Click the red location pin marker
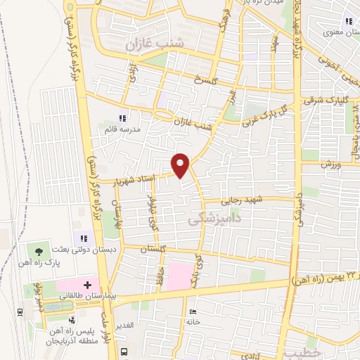[181, 165]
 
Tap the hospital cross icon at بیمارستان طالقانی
[86, 286]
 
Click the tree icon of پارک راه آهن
[38, 249]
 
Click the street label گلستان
[152, 250]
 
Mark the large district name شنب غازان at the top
[154, 44]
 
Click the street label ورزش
[330, 165]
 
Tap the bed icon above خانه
[192, 311]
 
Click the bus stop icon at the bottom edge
[124, 352]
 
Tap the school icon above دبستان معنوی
[349, 20]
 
